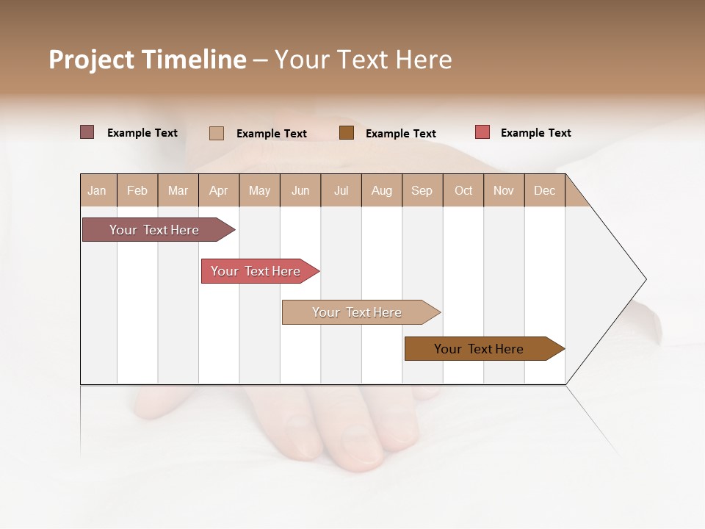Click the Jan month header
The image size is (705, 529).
point(97,190)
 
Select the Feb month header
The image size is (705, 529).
point(137,190)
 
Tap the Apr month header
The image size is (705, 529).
point(218,190)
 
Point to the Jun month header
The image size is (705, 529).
point(300,190)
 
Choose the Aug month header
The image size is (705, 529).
point(381,190)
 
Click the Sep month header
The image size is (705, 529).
point(422,190)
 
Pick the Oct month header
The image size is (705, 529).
point(463,190)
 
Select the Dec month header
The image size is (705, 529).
point(544,190)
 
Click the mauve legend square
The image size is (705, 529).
point(87,132)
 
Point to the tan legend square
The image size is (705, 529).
point(217,133)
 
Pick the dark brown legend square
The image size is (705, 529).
point(347,132)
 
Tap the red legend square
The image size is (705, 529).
point(482,132)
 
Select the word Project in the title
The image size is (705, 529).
point(92,60)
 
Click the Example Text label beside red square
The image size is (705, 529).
point(535,133)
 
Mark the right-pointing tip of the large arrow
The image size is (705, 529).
point(645,279)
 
